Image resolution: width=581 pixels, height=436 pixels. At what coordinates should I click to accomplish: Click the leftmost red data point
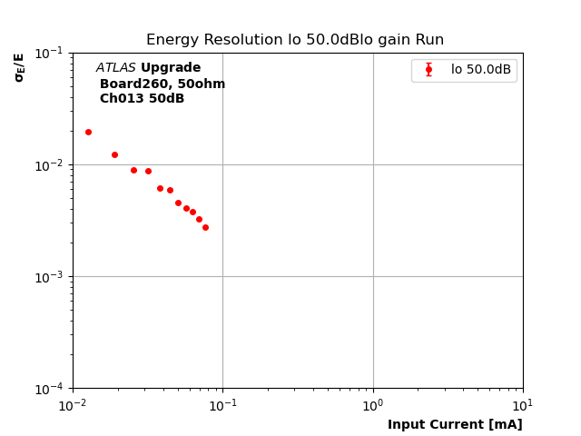click(88, 132)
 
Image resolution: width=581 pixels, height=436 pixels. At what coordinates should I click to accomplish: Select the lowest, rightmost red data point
click(205, 227)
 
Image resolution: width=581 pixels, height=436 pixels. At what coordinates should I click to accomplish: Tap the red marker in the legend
click(428, 70)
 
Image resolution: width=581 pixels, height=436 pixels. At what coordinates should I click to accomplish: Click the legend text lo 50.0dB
click(481, 70)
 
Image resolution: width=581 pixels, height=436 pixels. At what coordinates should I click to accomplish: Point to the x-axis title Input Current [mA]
click(455, 424)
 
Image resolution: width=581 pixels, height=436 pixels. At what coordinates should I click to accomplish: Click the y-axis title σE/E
click(19, 67)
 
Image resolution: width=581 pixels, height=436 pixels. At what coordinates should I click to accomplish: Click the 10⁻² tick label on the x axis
click(73, 404)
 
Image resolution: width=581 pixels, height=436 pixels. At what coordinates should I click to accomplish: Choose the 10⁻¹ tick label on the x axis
click(222, 404)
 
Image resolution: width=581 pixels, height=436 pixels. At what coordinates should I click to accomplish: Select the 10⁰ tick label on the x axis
click(373, 404)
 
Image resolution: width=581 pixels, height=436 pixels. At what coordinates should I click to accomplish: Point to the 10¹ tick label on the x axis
click(523, 404)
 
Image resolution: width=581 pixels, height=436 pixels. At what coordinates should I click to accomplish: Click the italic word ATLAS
click(115, 68)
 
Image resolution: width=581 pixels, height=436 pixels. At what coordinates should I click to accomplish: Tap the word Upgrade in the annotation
click(171, 68)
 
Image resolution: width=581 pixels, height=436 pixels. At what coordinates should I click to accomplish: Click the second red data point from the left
click(114, 154)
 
